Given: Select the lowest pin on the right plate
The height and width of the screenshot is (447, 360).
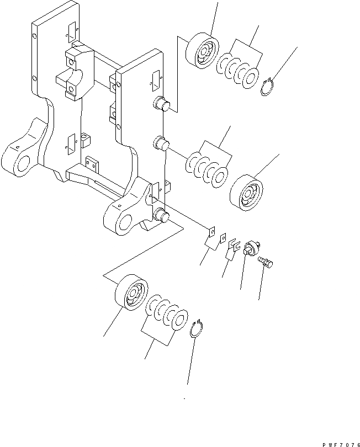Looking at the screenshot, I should [x=161, y=215].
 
